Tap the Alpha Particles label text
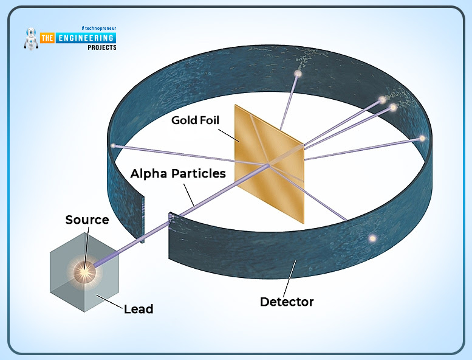[x=178, y=173]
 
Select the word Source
[x=87, y=220]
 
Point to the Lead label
[x=139, y=309]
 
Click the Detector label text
[x=287, y=302]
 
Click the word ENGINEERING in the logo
[x=86, y=38]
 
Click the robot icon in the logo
[x=30, y=39]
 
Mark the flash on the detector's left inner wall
[x=112, y=145]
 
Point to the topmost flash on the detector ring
[x=298, y=74]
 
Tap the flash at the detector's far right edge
[x=422, y=139]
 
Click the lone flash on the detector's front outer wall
[x=372, y=238]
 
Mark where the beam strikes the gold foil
[x=267, y=165]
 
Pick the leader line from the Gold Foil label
[x=227, y=134]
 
